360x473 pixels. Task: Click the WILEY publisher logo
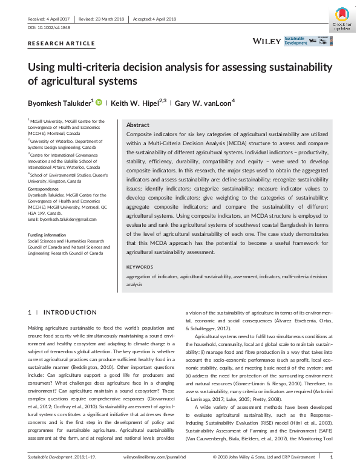[x=267, y=41]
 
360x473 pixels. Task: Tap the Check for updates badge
[x=342, y=19]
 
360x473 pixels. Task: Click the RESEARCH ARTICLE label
[x=62, y=44]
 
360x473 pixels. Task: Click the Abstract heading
[x=138, y=123]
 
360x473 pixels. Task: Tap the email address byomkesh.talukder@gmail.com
[x=62, y=218]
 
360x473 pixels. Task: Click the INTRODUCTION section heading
[x=70, y=312]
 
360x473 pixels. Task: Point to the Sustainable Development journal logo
[x=306, y=41]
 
